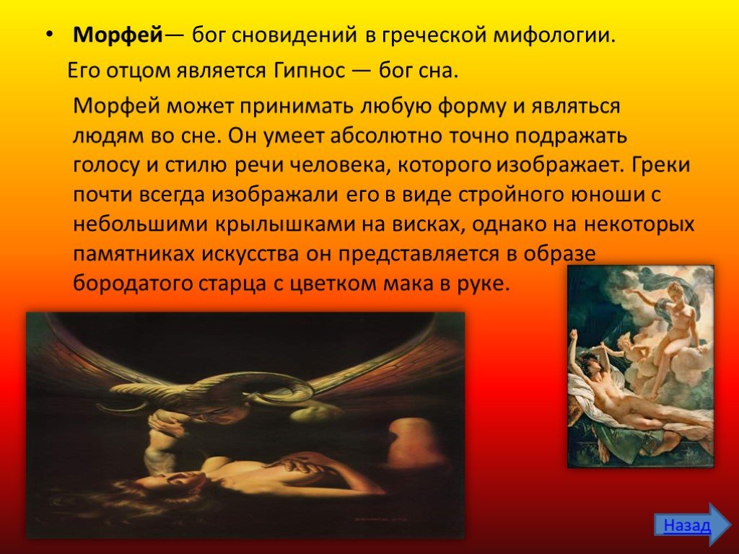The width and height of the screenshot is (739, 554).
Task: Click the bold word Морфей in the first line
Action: pyautogui.click(x=118, y=35)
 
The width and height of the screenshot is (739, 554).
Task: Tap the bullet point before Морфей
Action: pyautogui.click(x=50, y=36)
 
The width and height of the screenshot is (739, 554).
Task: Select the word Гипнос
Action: pyautogui.click(x=310, y=71)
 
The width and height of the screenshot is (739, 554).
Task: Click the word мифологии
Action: pyautogui.click(x=555, y=36)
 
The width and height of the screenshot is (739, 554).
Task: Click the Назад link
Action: pyautogui.click(x=686, y=525)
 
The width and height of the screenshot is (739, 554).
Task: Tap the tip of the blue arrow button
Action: pyautogui.click(x=730, y=525)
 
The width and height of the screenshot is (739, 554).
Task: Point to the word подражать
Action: pyautogui.click(x=571, y=136)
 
